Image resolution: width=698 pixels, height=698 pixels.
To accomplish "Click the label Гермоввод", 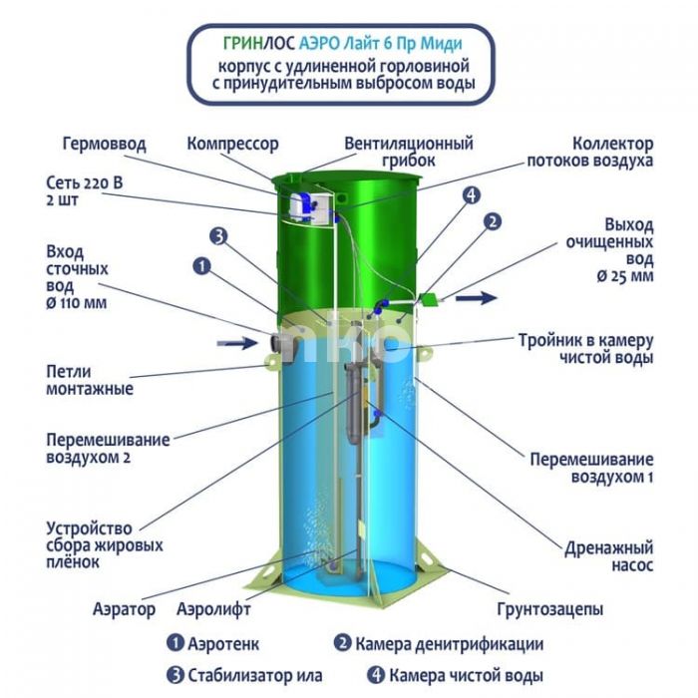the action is point(104,144).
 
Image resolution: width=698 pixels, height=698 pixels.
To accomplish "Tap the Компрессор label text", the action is point(232,144).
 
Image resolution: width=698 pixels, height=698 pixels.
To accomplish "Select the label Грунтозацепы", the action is point(550,609).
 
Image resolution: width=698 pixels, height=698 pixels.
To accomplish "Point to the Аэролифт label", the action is point(213,608).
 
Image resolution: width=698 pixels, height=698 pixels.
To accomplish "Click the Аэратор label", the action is point(125,609).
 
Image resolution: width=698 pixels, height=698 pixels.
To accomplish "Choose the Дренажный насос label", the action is point(608,556).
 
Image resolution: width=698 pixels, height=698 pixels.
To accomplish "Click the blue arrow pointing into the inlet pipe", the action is point(237,343).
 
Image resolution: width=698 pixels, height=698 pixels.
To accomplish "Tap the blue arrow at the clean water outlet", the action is point(476,297).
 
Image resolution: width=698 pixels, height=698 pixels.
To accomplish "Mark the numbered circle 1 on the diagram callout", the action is point(202,266).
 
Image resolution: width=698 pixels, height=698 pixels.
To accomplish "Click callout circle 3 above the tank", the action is point(218,236).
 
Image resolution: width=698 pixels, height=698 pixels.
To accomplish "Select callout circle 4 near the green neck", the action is point(472,195).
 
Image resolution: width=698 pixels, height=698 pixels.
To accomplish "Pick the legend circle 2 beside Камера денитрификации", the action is point(342,643).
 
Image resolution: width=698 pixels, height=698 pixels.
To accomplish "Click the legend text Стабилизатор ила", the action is point(255,675).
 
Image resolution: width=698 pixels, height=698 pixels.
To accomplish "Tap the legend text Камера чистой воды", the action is point(466,675).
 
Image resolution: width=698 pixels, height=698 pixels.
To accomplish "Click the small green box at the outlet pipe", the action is point(429,299).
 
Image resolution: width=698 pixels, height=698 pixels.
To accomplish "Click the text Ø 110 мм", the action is point(77,303).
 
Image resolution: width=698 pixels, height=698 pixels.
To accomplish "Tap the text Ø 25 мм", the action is point(625,276).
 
